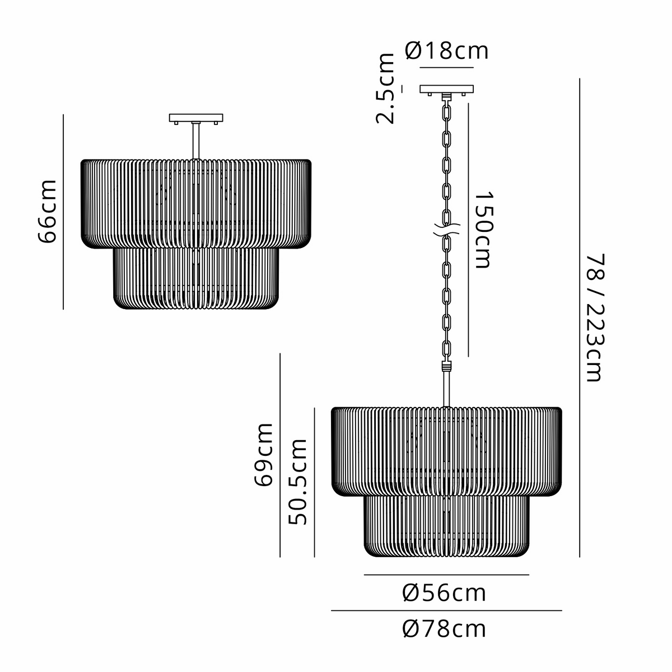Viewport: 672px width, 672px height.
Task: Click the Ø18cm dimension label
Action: click(x=446, y=51)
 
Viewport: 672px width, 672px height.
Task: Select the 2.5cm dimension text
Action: click(x=385, y=88)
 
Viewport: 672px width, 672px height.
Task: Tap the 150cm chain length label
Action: click(x=483, y=230)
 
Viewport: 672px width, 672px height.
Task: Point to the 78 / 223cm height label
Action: click(x=595, y=318)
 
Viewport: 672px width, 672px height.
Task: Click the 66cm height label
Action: click(x=46, y=211)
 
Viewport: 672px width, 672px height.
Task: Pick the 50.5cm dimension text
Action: click(x=297, y=482)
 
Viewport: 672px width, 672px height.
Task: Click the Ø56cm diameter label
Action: click(x=444, y=593)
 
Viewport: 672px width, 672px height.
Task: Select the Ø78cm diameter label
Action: click(x=444, y=629)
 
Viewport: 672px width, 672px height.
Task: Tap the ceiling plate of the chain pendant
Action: click(x=446, y=89)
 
